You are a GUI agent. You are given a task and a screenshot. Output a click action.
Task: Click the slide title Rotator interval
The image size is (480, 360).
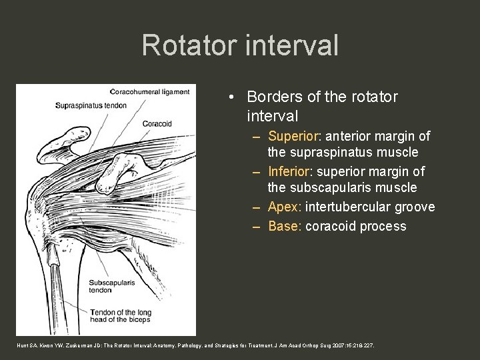(x=240, y=45)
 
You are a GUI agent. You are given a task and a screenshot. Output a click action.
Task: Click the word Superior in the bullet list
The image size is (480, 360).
(x=293, y=136)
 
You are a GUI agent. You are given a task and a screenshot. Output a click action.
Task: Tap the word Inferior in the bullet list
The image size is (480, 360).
(x=291, y=172)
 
